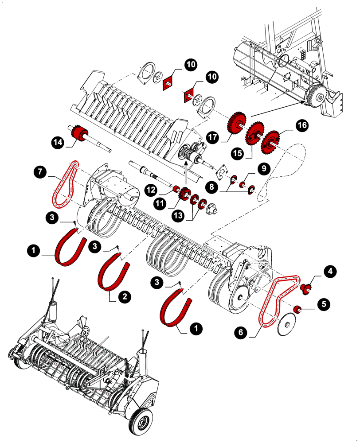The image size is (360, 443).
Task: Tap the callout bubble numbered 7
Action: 41,171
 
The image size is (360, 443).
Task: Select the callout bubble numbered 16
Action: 302,126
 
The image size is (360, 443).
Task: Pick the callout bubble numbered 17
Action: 212,137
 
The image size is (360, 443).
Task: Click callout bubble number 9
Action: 263,168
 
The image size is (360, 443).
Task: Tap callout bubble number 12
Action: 151,189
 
